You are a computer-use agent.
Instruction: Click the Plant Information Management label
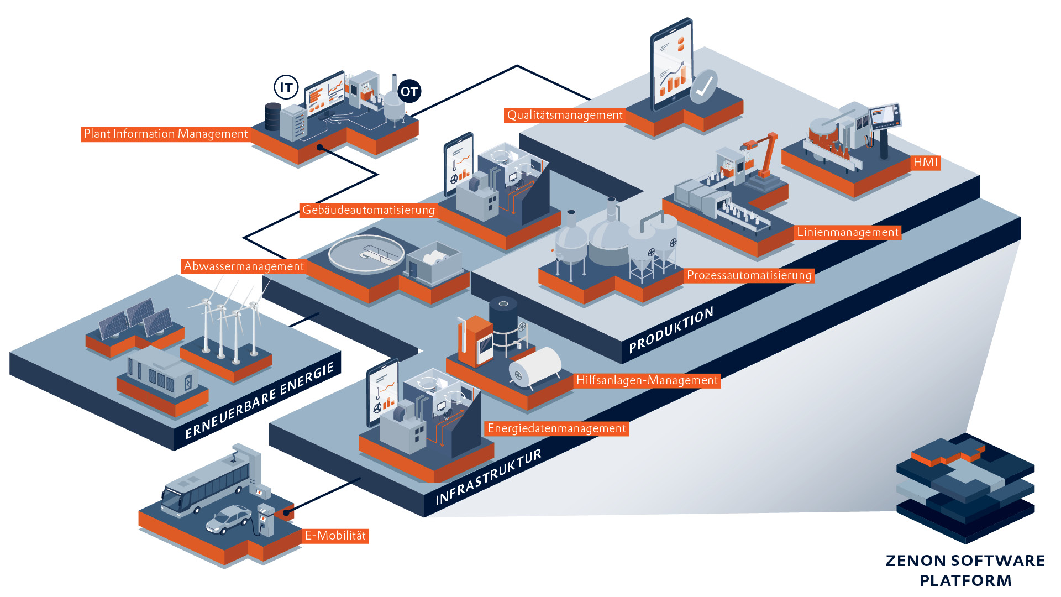click(165, 134)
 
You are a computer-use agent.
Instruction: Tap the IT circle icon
click(286, 87)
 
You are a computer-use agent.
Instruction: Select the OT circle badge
click(409, 92)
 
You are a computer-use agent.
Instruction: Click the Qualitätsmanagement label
click(565, 115)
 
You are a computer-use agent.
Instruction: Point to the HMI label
click(926, 163)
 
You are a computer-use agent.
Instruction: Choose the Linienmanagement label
click(848, 233)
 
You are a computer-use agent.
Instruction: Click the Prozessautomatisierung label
click(749, 275)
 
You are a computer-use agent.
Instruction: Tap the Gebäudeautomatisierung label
click(368, 210)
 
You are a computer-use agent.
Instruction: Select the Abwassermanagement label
click(244, 266)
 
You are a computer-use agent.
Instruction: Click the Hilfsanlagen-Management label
click(647, 380)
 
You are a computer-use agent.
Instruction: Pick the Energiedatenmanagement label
click(556, 428)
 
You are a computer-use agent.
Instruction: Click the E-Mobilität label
click(335, 536)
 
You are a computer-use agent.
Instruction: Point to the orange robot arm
click(763, 155)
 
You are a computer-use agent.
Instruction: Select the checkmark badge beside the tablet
click(703, 87)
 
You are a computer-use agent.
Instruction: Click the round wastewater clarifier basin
click(366, 255)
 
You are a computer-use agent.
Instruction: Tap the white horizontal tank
click(534, 367)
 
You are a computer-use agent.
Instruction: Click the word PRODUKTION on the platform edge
click(671, 330)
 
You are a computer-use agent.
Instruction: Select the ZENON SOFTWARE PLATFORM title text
click(965, 570)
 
